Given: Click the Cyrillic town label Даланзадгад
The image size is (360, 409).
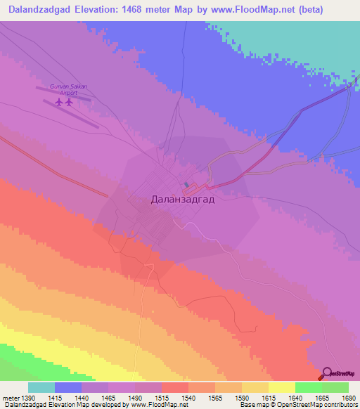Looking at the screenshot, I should (183, 199).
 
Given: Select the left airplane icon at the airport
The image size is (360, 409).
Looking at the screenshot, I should (58, 103).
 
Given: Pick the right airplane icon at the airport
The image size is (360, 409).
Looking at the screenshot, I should (69, 103).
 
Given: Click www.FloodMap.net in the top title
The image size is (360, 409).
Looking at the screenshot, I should (262, 11).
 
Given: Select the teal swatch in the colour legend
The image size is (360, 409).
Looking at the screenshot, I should (41, 387).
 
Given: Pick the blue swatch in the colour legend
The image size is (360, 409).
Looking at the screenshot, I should (68, 387).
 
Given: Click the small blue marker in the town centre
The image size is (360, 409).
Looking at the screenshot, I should (186, 186).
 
